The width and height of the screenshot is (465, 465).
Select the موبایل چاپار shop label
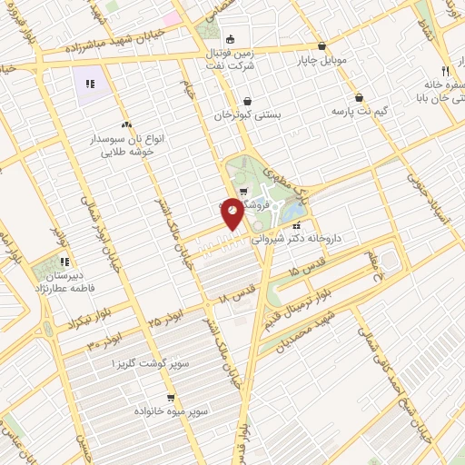[322, 62]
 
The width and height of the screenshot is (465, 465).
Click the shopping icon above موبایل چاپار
[322, 45]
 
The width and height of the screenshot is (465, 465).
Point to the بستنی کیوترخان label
[248, 116]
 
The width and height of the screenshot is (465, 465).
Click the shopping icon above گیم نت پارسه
[359, 96]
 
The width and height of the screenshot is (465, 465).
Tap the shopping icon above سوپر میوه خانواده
[171, 398]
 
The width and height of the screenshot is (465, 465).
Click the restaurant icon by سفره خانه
[444, 71]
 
